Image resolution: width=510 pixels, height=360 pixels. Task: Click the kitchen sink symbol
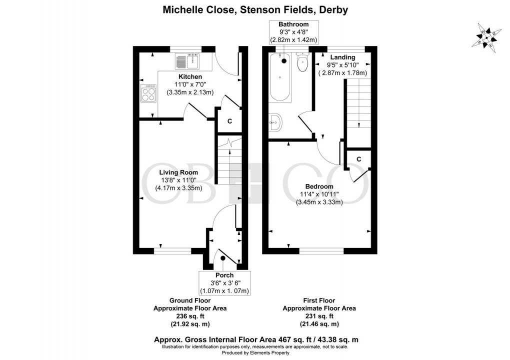point(187,61)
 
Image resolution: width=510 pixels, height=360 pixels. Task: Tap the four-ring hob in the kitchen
point(149,93)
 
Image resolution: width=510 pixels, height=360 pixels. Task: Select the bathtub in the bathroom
point(280,77)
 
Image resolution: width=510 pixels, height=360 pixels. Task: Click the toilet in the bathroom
point(302,63)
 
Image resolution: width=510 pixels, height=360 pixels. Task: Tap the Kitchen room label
point(190,76)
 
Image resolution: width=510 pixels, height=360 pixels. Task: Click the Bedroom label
point(319,186)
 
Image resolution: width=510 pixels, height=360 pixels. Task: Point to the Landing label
point(342,57)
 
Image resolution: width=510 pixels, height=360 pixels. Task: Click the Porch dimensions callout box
point(224,283)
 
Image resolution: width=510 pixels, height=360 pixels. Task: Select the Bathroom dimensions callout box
point(293,32)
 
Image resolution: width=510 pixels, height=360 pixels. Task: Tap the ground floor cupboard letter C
point(229,121)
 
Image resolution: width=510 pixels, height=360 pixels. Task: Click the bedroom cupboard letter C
point(359,159)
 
